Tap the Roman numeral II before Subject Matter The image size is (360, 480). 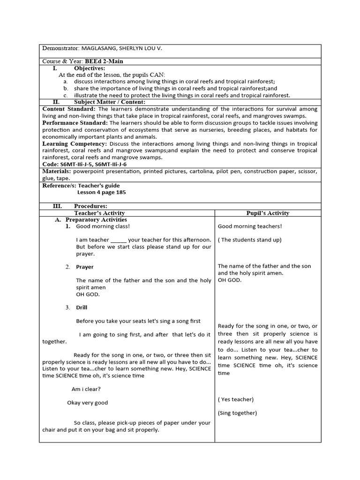click(x=56, y=102)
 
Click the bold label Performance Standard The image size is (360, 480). click(x=75, y=122)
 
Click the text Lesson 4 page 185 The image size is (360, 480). click(x=102, y=192)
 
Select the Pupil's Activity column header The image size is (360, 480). click(x=268, y=213)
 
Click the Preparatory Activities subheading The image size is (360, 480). click(x=96, y=219)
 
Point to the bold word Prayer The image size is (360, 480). click(x=85, y=267)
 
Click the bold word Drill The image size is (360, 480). click(x=82, y=307)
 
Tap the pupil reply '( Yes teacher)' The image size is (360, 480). click(x=235, y=399)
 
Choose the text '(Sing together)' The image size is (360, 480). click(x=237, y=413)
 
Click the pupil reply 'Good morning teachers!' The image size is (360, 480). click(x=250, y=226)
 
